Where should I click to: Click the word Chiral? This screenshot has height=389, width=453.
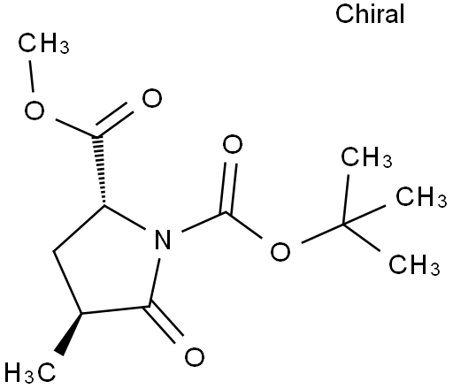[x=370, y=14]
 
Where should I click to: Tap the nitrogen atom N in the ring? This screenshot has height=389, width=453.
[x=163, y=240]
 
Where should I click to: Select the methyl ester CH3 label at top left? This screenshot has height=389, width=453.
[x=43, y=43]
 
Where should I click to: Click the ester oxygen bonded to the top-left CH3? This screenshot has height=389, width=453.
[x=35, y=111]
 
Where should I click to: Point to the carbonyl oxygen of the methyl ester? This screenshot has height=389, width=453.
[x=152, y=98]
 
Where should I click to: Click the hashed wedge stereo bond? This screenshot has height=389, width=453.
[x=100, y=171]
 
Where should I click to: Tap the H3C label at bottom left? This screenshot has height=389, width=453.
[x=30, y=372]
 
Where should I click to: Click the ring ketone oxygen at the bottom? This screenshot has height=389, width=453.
[x=195, y=357]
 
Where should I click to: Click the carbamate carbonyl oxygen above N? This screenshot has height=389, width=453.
[x=233, y=144]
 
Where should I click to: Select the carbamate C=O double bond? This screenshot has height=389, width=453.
[x=229, y=188]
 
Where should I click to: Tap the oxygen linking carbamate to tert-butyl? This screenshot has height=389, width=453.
[x=280, y=251]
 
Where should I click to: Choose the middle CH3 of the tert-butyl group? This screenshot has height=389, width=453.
[x=421, y=196]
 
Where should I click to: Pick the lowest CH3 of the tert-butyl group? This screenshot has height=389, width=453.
[x=414, y=264]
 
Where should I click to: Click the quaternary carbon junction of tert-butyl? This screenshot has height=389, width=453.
[x=343, y=225]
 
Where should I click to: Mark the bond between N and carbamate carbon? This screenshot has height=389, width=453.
[x=204, y=222]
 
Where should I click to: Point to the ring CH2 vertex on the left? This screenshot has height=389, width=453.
[x=54, y=252]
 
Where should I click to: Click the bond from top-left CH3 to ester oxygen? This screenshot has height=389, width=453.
[x=31, y=76]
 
